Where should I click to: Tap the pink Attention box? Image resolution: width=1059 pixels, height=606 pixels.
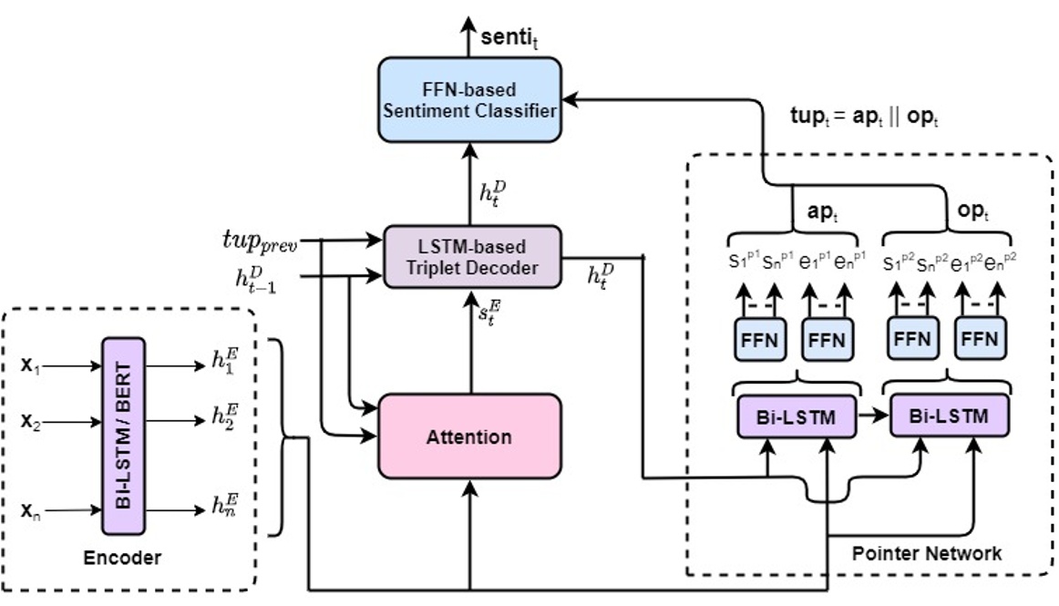tap(468, 437)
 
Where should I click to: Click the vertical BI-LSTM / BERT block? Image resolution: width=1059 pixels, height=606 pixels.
tap(125, 437)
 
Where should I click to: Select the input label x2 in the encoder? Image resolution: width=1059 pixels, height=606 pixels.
tap(30, 423)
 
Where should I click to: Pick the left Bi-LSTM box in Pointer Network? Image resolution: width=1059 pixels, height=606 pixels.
tap(797, 416)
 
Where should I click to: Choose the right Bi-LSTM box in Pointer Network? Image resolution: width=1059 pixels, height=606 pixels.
tap(949, 416)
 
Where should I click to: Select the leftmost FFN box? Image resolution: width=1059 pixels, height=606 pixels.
tap(758, 339)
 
